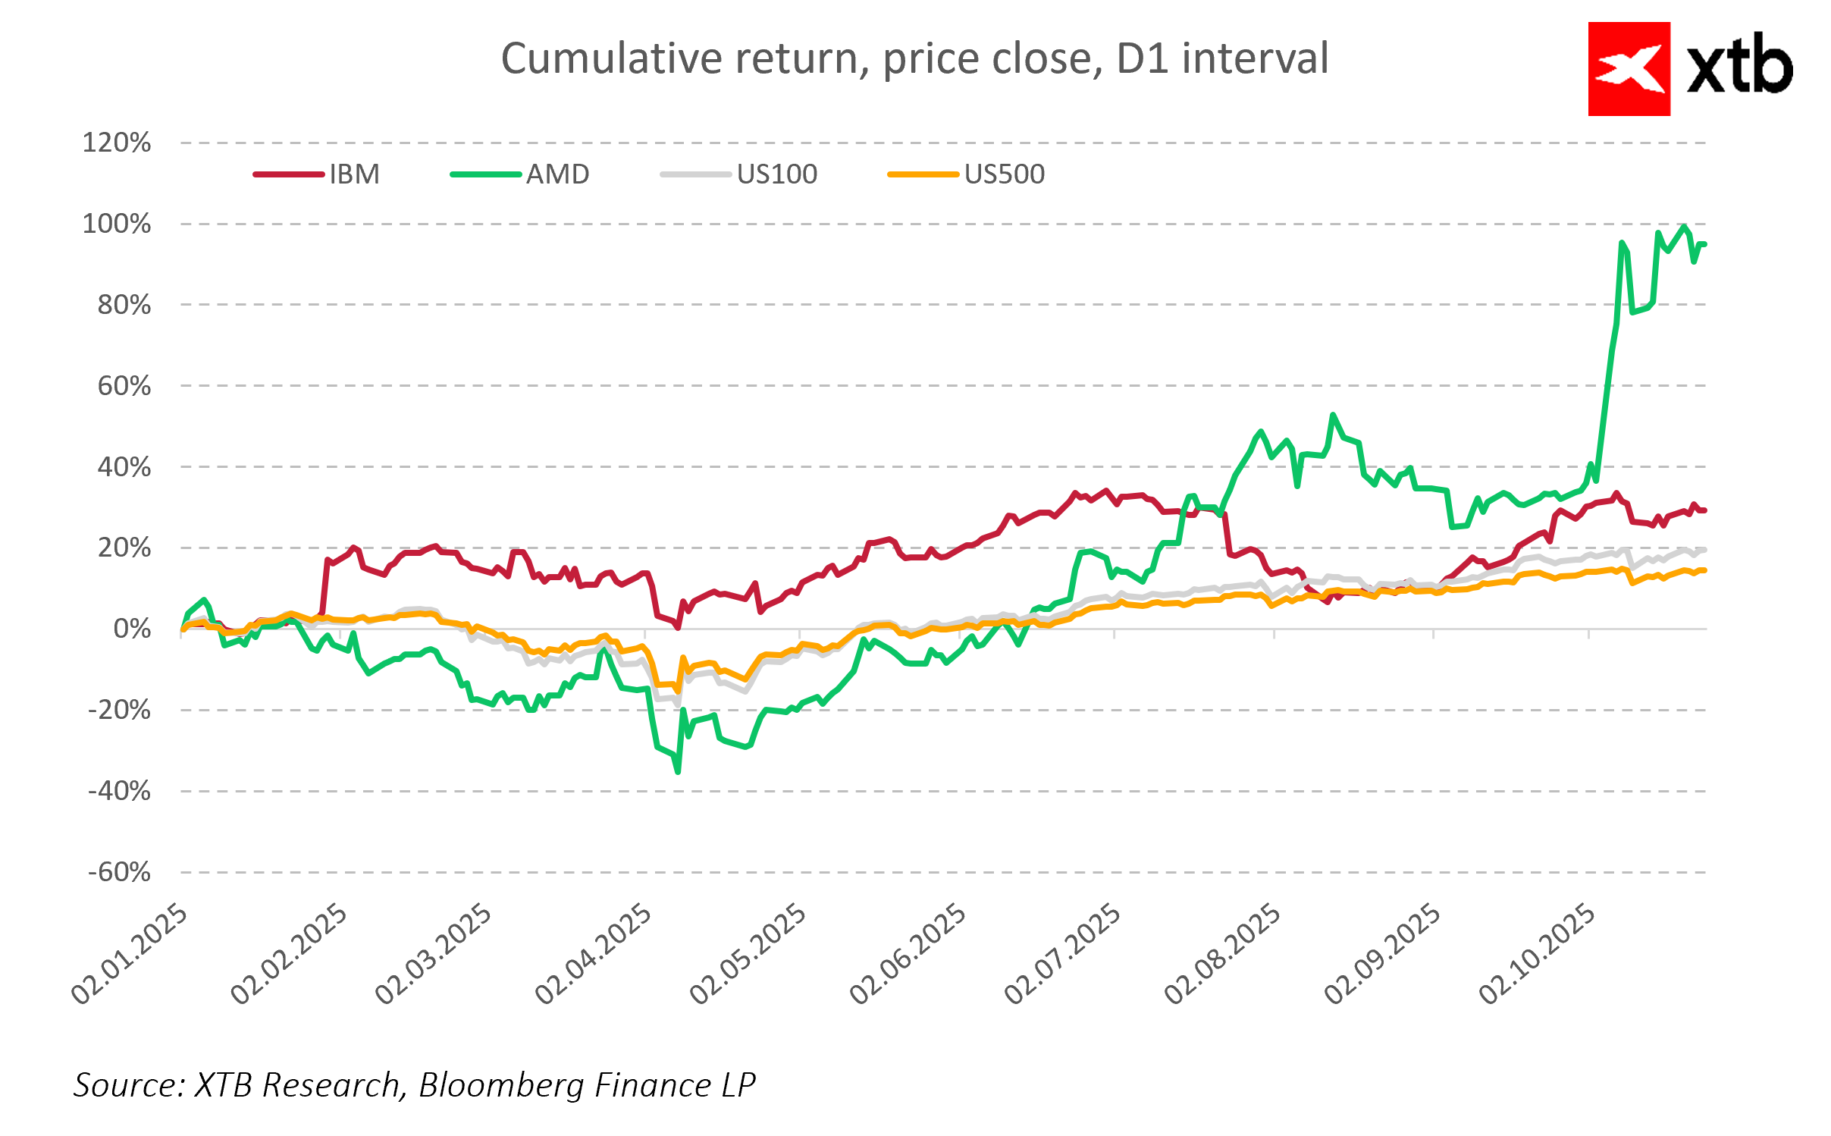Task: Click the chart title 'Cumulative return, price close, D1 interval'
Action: click(914, 58)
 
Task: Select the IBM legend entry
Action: click(353, 174)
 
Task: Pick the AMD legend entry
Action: click(557, 174)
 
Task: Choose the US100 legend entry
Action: click(776, 174)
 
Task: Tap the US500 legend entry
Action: click(1004, 174)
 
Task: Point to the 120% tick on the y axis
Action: click(117, 143)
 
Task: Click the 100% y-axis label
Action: click(117, 224)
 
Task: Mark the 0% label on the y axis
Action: click(132, 629)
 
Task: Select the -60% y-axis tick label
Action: click(119, 872)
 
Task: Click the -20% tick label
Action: click(119, 710)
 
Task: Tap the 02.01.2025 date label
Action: click(129, 954)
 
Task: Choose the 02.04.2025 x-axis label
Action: click(593, 954)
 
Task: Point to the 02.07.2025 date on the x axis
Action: click(1062, 954)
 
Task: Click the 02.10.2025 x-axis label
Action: click(1537, 954)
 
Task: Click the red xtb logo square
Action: click(1629, 69)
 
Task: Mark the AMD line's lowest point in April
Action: click(678, 772)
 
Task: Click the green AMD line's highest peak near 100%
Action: click(1684, 227)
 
